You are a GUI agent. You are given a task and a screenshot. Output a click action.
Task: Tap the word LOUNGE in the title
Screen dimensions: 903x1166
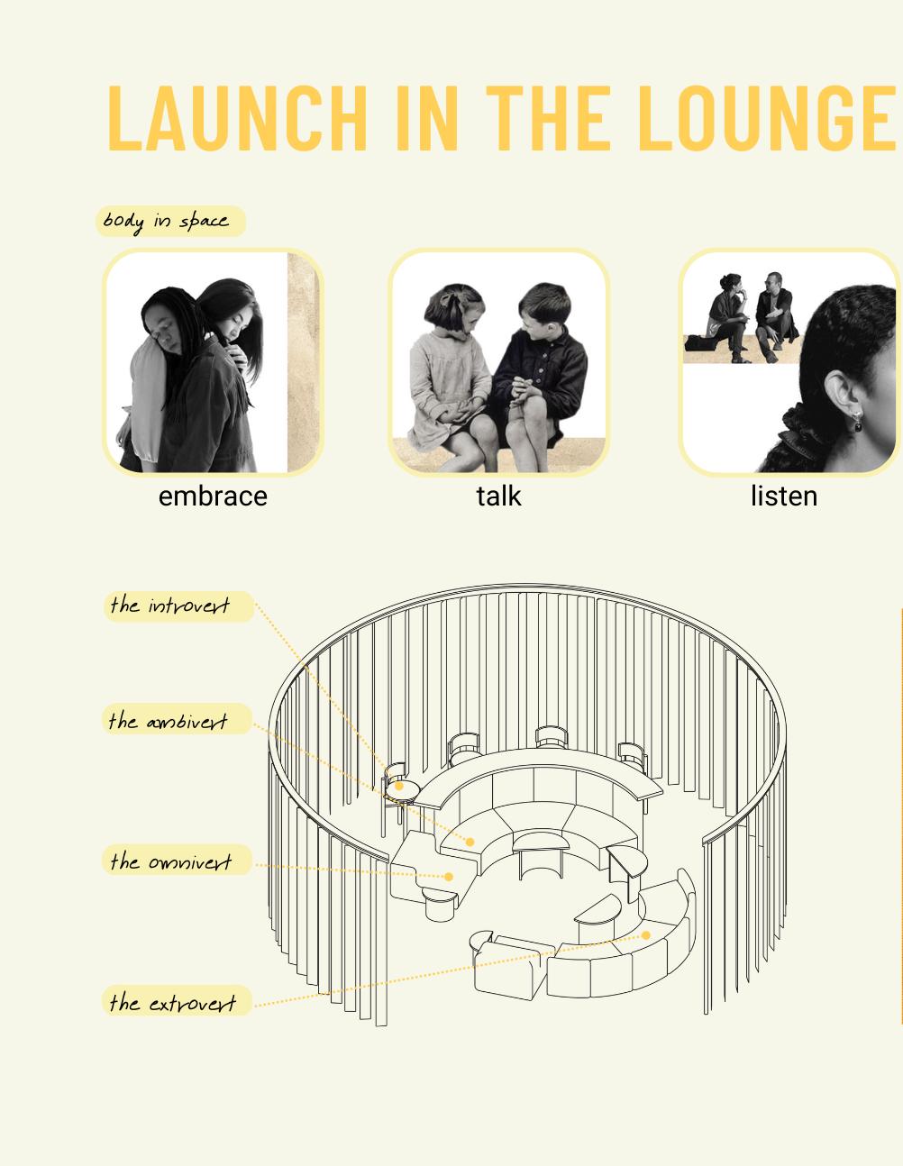[x=766, y=118]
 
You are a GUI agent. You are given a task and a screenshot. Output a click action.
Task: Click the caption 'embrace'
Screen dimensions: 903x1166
[x=213, y=496]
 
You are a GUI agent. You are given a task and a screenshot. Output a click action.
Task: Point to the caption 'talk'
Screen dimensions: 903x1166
[x=498, y=496]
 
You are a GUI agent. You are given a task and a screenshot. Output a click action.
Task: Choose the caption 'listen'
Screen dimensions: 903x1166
[x=784, y=496]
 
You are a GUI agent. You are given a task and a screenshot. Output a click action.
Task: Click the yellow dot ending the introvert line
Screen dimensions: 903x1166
[x=399, y=786]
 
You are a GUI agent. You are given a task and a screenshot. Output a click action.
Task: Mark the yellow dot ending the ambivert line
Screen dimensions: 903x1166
[x=470, y=842]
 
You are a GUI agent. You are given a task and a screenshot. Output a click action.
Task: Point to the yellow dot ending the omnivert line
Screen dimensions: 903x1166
[x=449, y=877]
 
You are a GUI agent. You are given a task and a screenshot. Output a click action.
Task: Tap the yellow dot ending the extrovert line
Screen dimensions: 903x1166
[x=646, y=935]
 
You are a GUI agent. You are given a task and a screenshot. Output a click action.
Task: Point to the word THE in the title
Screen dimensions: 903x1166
[x=548, y=118]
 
